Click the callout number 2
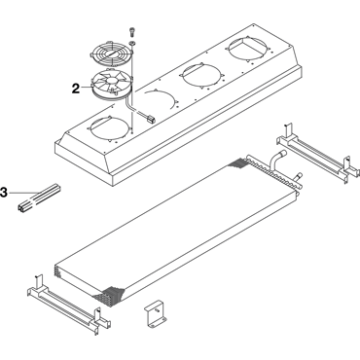[76, 89]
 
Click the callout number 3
[4, 192]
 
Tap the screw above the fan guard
[131, 31]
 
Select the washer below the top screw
[131, 43]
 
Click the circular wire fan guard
[111, 54]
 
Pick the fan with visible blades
[111, 84]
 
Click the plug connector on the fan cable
[150, 119]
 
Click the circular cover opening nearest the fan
[110, 128]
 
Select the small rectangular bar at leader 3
[40, 198]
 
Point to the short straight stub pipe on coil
[299, 177]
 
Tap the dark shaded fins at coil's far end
[238, 162]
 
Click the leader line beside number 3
[22, 193]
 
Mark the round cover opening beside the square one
[200, 76]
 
